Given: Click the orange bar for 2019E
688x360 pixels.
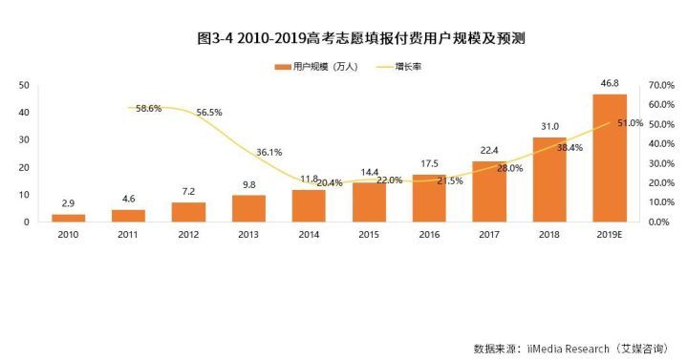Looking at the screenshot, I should coord(610,158).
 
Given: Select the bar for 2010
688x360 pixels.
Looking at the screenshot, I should coord(68,218).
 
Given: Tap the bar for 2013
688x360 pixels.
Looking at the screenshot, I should coord(248,208).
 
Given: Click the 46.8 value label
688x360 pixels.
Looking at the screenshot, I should coord(610,84).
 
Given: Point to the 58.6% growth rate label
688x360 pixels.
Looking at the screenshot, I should coord(149,109).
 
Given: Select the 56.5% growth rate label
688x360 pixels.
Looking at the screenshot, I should coord(208,113).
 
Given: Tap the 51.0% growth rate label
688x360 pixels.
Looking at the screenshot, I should coord(630,123).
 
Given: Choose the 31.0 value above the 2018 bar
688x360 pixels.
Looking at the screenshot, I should coord(549,127).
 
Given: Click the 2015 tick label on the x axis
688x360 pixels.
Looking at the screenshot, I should coord(369,234).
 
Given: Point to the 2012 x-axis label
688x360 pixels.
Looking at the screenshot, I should coord(188,234).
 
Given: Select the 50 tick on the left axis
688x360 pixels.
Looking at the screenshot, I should coord(25,85).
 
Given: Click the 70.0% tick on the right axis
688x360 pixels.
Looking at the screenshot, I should coord(661,85).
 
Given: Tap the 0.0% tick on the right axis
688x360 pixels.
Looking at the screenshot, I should coord(663,222).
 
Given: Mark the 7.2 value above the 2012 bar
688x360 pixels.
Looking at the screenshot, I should coord(188,193).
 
